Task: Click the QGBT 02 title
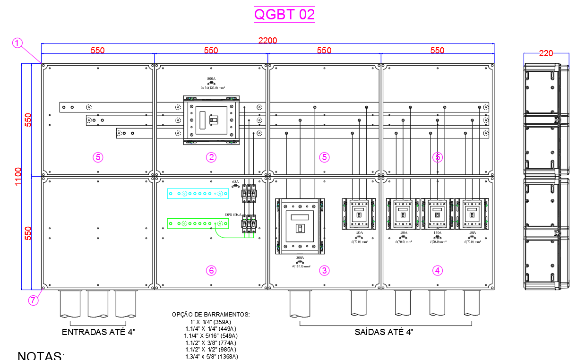click(x=284, y=14)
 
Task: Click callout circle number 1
click(x=17, y=43)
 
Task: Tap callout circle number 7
click(x=32, y=300)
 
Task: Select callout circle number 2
click(x=211, y=157)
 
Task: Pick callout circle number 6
click(x=211, y=271)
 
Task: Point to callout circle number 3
click(x=324, y=271)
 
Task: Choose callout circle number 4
click(x=438, y=271)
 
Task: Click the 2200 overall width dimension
click(x=267, y=41)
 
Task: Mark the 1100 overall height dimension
click(x=18, y=176)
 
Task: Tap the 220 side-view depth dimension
click(x=546, y=53)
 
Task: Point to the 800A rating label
click(x=211, y=79)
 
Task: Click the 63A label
click(x=235, y=181)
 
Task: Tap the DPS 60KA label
click(x=233, y=214)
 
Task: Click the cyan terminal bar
click(x=198, y=193)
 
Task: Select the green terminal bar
click(x=198, y=223)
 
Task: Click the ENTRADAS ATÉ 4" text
click(x=99, y=332)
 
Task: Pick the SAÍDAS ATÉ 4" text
click(x=384, y=332)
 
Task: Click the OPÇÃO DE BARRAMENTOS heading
click(x=211, y=315)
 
